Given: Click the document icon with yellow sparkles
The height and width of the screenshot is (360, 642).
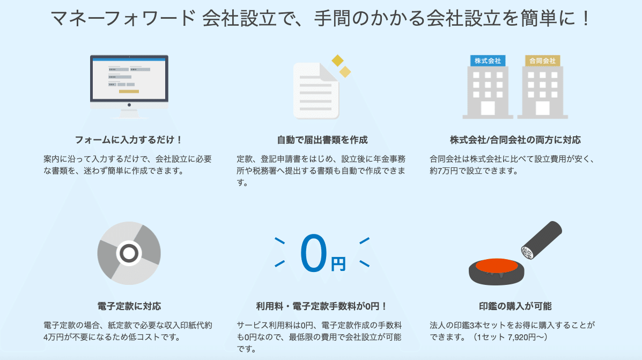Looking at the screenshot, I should (x=316, y=90).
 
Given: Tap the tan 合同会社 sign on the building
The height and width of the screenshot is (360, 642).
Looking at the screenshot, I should (x=542, y=61).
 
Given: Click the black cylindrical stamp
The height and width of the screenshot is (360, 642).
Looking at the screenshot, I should (x=543, y=240).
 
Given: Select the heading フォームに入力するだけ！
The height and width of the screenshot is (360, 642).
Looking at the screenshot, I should (x=129, y=140).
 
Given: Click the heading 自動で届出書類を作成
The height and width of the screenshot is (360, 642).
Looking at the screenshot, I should (x=322, y=140).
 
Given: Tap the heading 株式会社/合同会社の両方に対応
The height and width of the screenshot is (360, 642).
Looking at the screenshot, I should (x=515, y=140).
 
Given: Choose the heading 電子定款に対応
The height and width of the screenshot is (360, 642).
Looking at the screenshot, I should (x=129, y=306).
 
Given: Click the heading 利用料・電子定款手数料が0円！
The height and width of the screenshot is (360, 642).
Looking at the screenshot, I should (x=322, y=306).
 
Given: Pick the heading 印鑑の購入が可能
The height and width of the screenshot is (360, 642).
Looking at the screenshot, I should (x=515, y=306).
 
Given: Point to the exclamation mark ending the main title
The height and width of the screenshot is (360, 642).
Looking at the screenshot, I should (x=585, y=19).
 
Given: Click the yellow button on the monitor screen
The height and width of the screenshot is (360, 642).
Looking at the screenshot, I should (x=129, y=91).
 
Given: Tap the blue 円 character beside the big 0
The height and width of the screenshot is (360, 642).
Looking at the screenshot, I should (x=338, y=264).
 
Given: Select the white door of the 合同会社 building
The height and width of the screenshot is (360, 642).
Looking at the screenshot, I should (x=542, y=107).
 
